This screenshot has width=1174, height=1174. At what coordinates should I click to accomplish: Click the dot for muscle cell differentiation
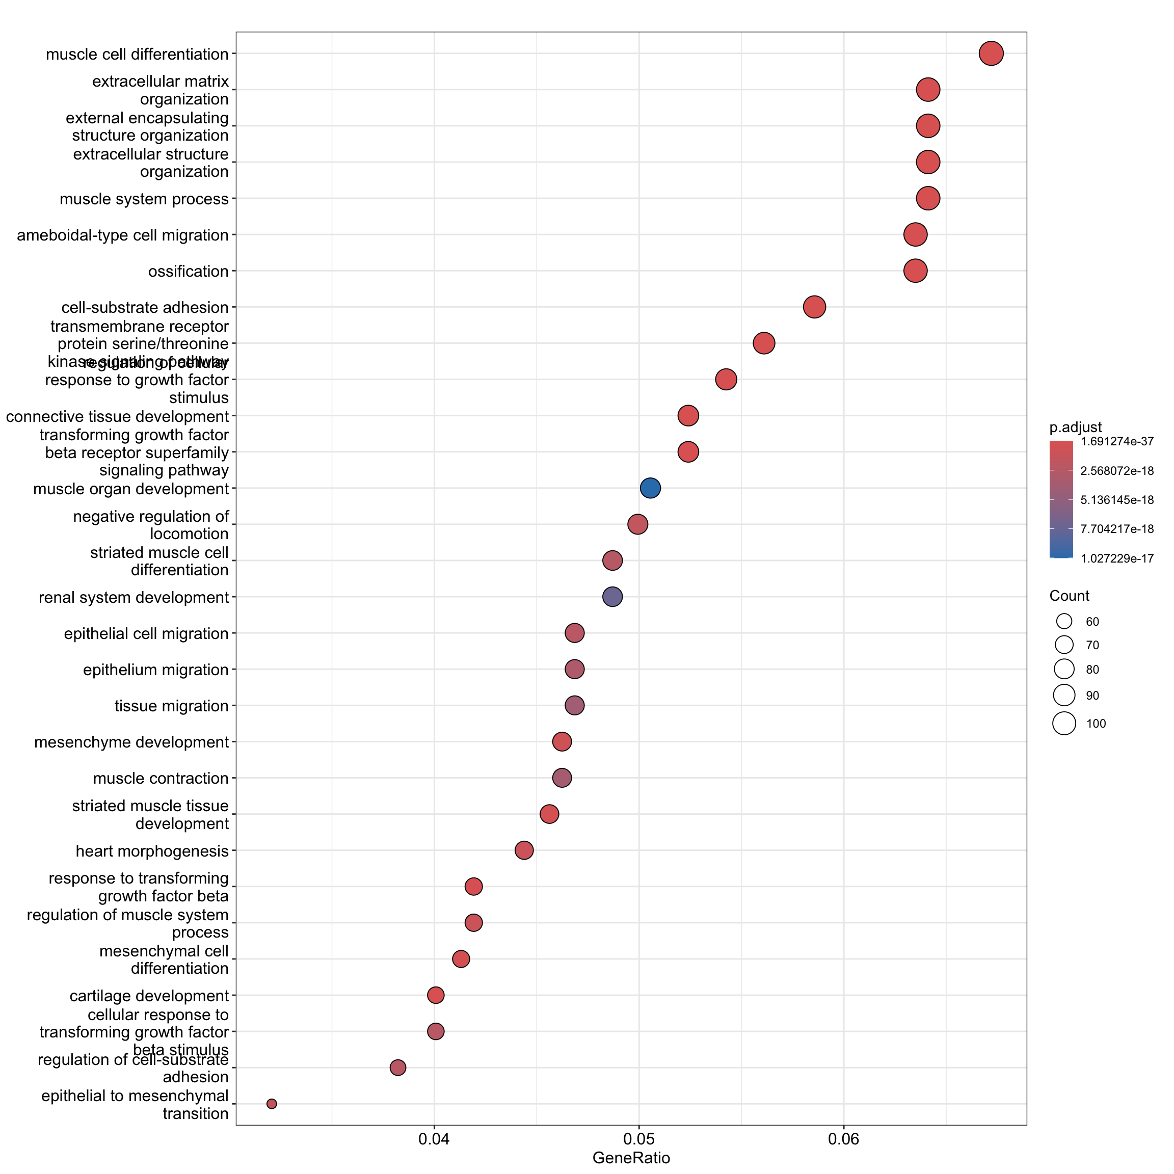[x=991, y=54]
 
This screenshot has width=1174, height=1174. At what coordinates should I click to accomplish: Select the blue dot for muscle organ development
[x=650, y=488]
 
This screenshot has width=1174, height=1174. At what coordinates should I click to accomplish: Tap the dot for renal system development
[x=612, y=597]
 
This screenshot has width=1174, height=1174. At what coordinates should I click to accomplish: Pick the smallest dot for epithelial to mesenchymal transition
[x=272, y=1104]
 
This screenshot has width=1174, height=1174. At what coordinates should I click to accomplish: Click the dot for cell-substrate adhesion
[x=814, y=307]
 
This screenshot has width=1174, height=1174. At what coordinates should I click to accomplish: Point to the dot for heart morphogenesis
[x=524, y=850]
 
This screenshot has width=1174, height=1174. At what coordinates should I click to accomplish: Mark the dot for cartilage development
[x=436, y=995]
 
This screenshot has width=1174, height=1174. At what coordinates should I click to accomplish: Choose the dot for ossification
[x=915, y=271]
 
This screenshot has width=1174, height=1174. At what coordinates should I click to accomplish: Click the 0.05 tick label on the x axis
[x=638, y=1138]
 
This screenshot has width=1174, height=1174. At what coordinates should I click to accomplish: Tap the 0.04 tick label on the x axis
[x=434, y=1138]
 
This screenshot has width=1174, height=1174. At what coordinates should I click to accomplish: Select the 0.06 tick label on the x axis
[x=843, y=1138]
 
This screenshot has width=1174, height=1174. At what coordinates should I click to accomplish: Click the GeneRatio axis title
[x=631, y=1158]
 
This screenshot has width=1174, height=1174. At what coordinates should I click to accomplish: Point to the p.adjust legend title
[x=1076, y=427]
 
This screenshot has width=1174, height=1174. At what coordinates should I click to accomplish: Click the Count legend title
[x=1069, y=596]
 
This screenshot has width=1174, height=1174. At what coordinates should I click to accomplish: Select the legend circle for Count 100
[x=1064, y=724]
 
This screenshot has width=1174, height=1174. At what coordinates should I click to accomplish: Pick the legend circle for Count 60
[x=1064, y=621]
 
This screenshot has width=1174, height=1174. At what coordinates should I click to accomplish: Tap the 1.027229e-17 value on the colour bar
[x=1117, y=558]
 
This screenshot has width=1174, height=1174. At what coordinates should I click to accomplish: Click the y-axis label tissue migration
[x=171, y=706]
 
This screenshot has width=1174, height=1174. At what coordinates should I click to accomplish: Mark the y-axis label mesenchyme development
[x=131, y=742]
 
